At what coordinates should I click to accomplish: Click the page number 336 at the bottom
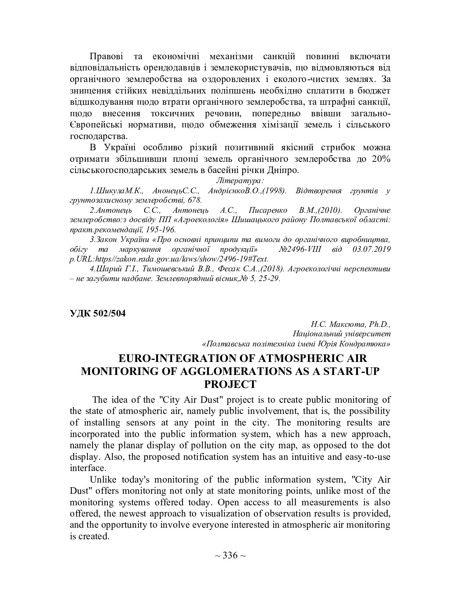point(230,555)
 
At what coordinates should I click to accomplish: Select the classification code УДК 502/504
point(98,314)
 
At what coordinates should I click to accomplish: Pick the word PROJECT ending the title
point(230,384)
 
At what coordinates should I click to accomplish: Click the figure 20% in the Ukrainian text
point(381,159)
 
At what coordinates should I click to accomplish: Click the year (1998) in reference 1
point(274,191)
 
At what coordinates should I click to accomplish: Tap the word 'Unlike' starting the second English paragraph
point(102,480)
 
